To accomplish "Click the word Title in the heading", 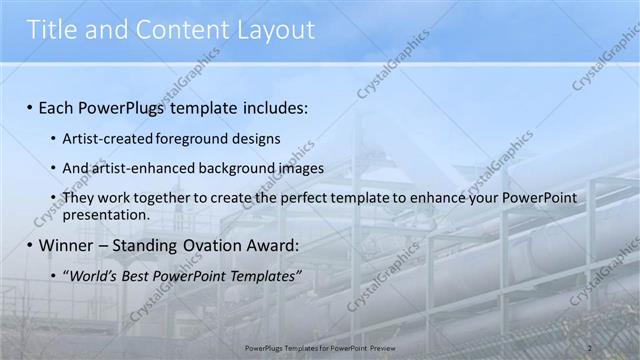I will [x=53, y=30].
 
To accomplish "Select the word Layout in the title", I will [x=272, y=30].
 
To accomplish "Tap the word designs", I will [x=256, y=138].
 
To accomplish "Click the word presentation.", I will [x=106, y=214].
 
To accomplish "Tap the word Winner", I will [x=68, y=245].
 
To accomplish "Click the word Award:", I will [x=276, y=245].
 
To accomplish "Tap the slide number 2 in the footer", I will [x=589, y=347].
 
